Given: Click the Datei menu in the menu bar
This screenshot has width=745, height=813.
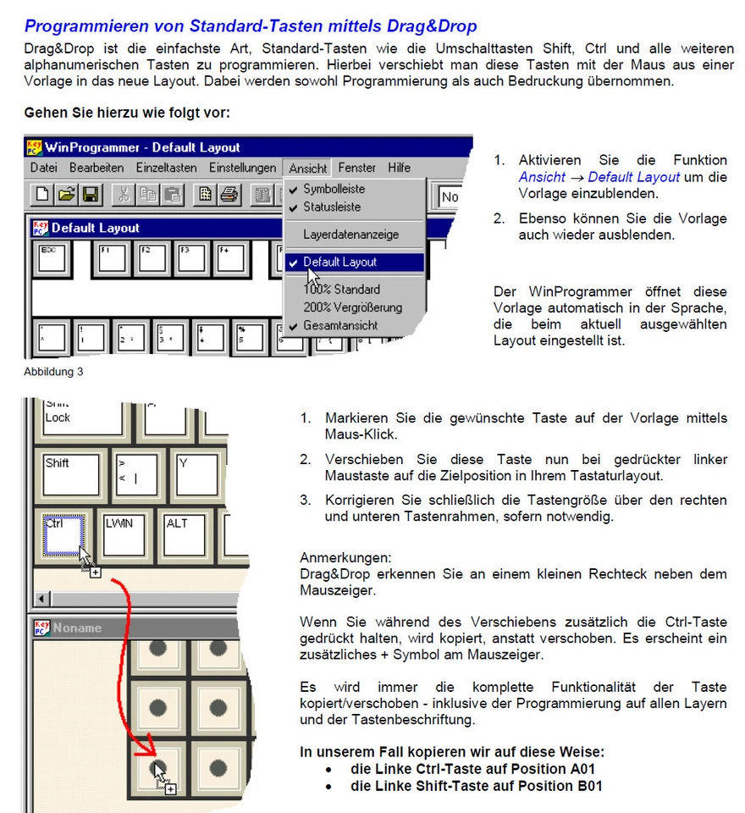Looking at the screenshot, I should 43,168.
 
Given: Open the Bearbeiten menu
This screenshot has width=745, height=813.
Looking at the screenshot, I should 96,168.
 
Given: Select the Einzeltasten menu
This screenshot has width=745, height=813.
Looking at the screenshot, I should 166,168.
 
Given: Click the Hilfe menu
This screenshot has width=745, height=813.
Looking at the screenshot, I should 399,168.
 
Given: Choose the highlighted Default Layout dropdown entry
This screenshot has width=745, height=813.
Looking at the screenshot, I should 339,263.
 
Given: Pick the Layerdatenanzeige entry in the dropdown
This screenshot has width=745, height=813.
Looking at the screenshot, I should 350,235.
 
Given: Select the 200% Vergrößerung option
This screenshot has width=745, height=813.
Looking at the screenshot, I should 352,307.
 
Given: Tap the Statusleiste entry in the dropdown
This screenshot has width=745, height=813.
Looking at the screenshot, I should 332,207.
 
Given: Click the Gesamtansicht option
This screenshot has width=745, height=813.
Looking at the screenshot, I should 340,325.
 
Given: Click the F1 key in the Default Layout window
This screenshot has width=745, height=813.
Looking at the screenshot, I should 112,257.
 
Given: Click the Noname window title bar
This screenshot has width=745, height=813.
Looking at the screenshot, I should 127,628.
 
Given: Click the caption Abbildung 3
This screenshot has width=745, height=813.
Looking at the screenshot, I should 53,371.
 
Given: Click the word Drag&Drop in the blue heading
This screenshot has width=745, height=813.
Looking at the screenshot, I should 418,26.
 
